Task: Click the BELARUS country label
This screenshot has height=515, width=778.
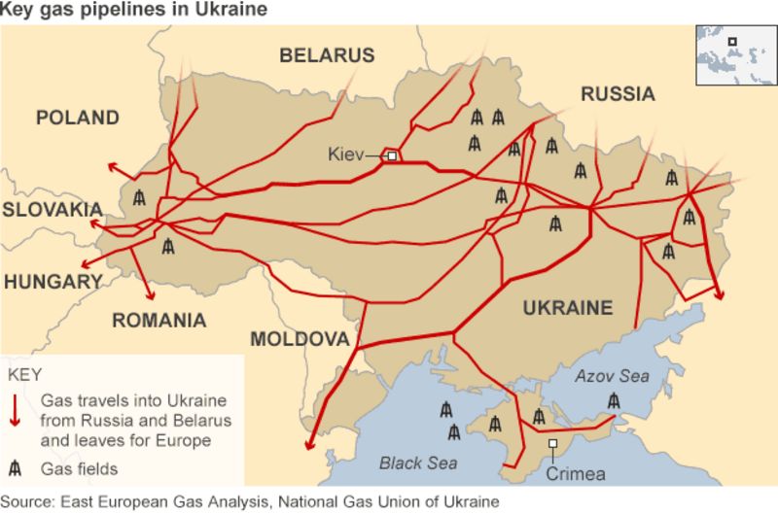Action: point(327,55)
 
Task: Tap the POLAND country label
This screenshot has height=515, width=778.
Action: point(78,119)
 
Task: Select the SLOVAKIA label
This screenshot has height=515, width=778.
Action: point(52,210)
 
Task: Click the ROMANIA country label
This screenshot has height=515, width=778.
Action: point(159,321)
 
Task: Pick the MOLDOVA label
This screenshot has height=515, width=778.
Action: point(300,339)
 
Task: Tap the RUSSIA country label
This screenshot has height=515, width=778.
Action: point(618,94)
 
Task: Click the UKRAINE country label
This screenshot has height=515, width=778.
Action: point(568,308)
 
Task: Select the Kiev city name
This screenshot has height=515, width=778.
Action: point(345,154)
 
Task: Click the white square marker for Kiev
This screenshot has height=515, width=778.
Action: point(392,155)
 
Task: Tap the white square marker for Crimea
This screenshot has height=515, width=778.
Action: point(552,444)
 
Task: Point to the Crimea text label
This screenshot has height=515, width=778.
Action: point(576,474)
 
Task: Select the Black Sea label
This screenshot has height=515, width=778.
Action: point(417,463)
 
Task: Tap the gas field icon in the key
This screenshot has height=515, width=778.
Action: point(17,467)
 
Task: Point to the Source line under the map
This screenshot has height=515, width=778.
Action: point(251,502)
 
